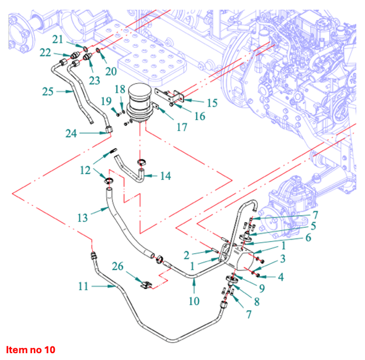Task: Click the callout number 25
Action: pos(48,91)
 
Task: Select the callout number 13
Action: pos(82,217)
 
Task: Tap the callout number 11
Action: pos(83,286)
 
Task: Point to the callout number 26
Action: pos(118,266)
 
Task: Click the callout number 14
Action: pos(165,176)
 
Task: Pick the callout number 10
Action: pos(194,301)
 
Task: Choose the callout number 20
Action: pos(111,71)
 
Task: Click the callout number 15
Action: pos(212,103)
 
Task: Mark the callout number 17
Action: pos(182,127)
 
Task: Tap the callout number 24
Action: pos(72,132)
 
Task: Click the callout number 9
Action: pos(261,288)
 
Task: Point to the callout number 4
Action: pos(280,278)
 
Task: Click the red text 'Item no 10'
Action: pos(31,349)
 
